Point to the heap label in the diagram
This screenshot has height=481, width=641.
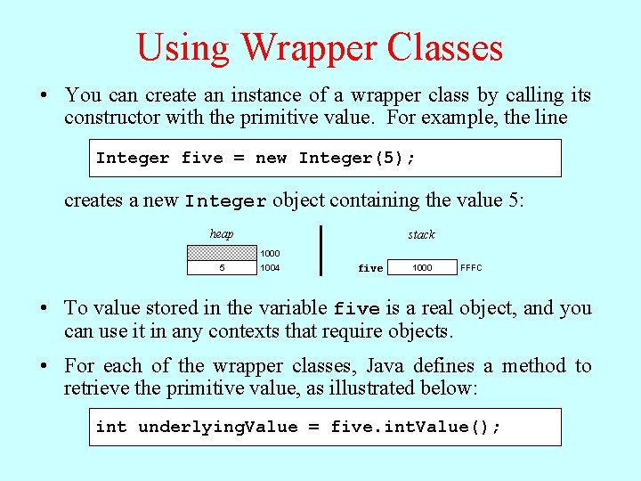[222, 234]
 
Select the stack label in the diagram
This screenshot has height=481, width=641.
[421, 235]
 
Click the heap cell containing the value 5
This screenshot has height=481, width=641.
[221, 267]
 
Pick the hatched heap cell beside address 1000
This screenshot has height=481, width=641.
[221, 253]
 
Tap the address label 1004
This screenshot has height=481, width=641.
[270, 267]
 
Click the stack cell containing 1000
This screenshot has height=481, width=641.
[422, 267]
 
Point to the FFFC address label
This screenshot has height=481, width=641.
[471, 267]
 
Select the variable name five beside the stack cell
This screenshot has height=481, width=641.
[370, 268]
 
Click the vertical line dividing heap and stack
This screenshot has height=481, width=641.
[320, 250]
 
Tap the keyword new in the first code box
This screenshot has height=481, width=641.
[271, 159]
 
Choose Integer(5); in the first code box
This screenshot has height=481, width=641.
[357, 159]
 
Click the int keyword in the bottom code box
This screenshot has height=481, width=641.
[111, 427]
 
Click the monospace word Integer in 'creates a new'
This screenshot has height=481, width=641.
[225, 201]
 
